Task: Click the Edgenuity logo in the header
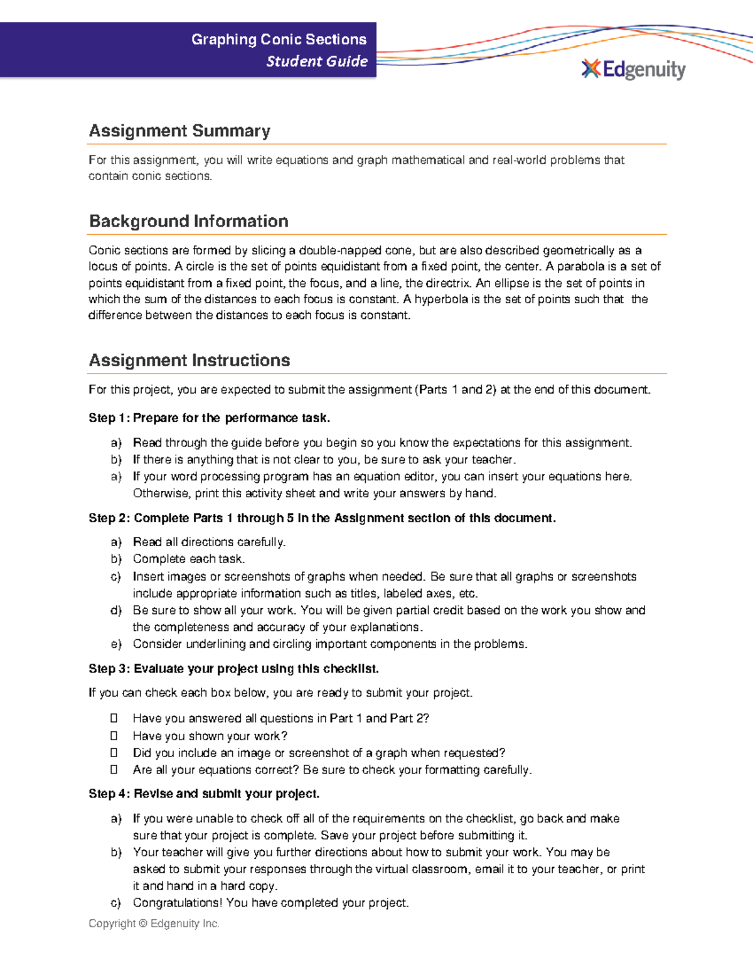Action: click(634, 69)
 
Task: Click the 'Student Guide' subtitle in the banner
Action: click(317, 62)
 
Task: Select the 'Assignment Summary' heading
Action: click(179, 131)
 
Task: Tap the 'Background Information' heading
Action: click(188, 221)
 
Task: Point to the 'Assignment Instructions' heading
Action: click(189, 360)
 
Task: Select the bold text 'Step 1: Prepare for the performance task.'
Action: click(209, 418)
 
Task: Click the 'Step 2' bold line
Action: click(322, 518)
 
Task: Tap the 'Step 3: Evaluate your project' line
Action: click(233, 669)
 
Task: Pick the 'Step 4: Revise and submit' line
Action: click(204, 794)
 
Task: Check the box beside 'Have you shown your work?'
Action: click(114, 735)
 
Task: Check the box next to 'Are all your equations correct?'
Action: click(114, 769)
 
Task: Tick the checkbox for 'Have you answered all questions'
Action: click(114, 718)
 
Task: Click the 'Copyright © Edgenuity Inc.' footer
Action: click(154, 924)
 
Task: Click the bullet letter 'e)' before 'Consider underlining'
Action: click(115, 644)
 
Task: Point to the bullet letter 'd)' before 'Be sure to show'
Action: click(115, 610)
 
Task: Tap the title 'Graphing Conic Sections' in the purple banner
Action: click(279, 40)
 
